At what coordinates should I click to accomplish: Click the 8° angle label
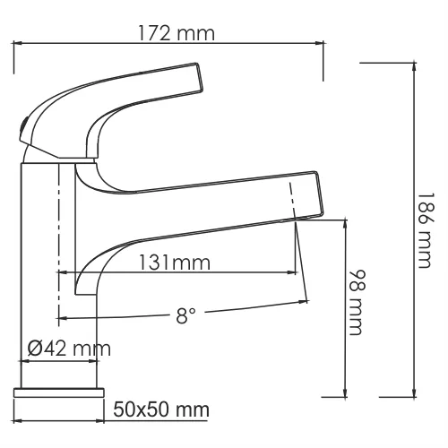tap(185, 315)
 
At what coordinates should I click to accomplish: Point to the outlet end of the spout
tap(308, 194)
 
